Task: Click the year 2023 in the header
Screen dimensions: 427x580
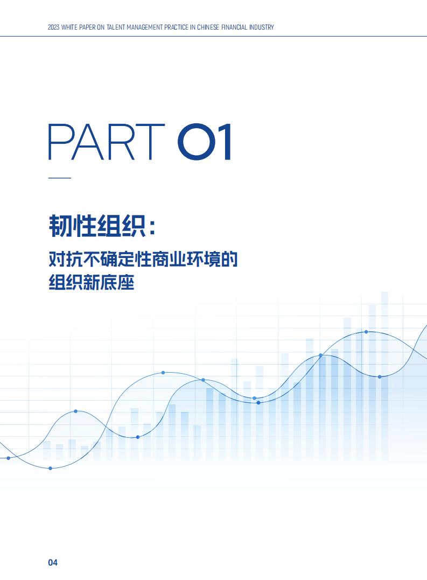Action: tap(54, 27)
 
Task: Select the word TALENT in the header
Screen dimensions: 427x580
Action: tap(116, 27)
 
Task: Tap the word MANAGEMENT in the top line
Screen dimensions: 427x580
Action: tap(144, 27)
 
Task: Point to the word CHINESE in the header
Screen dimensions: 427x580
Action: tap(208, 27)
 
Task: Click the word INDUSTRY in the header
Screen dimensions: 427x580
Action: tap(261, 27)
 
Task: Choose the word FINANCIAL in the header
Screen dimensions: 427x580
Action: tap(234, 27)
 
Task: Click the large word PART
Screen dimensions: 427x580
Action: tap(107, 142)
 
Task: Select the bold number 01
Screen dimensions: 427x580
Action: tap(205, 142)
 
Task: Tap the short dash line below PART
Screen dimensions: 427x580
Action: tap(60, 178)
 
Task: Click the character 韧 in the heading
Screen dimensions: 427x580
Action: tap(60, 226)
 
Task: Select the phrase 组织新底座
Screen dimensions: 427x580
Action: tap(92, 283)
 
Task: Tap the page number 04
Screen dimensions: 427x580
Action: tap(53, 563)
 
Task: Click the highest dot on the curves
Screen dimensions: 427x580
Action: tap(366, 332)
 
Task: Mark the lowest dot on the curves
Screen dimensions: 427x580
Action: tap(50, 469)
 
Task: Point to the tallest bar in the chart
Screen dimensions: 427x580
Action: tap(384, 375)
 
